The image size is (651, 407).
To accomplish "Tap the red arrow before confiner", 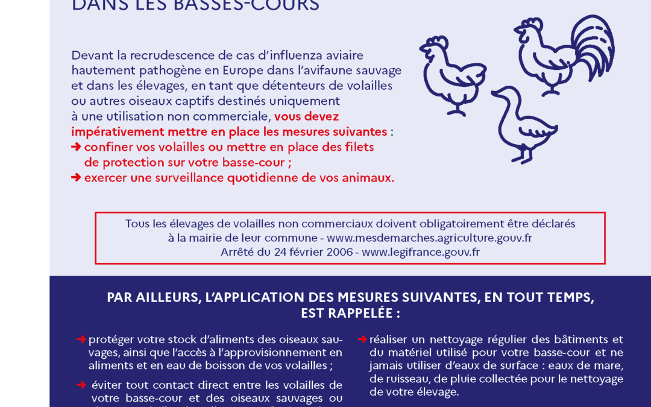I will point(76,147).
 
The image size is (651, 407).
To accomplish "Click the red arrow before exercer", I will point(76,178).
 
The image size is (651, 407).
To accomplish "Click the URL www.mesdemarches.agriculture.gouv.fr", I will point(429,238).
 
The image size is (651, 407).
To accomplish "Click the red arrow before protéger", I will point(81,339).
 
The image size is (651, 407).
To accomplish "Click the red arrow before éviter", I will point(81,385).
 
